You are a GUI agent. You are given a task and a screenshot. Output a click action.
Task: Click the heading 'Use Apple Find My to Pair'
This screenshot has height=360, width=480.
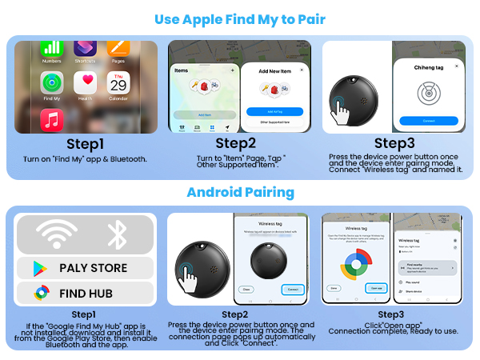click(x=239, y=17)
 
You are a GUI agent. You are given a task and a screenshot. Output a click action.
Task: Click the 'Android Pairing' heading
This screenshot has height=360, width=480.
click(x=239, y=192)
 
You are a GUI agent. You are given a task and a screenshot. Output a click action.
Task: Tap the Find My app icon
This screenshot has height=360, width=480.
click(x=51, y=82)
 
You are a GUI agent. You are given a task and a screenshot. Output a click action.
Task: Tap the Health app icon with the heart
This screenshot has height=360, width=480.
click(x=86, y=82)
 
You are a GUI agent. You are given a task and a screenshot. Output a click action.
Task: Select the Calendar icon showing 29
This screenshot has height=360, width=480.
click(x=118, y=82)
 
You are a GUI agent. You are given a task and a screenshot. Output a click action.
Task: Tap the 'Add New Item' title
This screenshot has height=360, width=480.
click(x=274, y=71)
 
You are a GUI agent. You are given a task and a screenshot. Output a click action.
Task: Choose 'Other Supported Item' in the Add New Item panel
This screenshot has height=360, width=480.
click(x=274, y=122)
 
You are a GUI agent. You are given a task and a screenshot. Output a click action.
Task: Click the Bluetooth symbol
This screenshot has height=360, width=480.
click(x=118, y=234)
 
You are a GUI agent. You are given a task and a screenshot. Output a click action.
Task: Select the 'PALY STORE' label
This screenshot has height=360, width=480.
click(x=93, y=268)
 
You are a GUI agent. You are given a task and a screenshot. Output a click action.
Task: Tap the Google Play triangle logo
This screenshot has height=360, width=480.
click(x=40, y=268)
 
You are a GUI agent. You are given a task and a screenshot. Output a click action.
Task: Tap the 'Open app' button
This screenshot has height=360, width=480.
click(x=376, y=287)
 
